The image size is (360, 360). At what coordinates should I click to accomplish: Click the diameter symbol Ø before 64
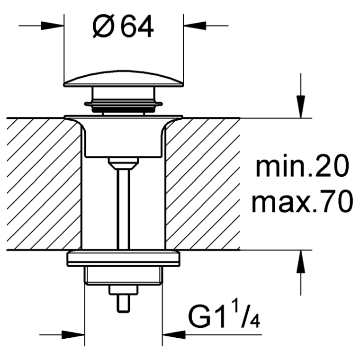(104, 27)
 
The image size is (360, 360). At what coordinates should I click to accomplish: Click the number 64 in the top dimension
(137, 27)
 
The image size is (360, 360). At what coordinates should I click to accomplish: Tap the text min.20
(302, 166)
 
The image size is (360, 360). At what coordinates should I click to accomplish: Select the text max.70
(302, 201)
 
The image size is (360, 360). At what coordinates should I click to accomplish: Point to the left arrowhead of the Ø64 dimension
(53, 26)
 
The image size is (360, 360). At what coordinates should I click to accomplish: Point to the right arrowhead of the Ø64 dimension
(195, 26)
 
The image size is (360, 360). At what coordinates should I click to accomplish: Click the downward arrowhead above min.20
(301, 107)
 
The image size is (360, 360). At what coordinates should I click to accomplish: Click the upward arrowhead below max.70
(301, 261)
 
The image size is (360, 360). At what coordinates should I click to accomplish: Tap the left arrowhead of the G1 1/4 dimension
(73, 335)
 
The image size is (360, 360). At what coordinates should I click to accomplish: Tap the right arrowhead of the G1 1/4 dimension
(174, 335)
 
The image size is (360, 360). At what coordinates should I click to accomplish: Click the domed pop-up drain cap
(124, 79)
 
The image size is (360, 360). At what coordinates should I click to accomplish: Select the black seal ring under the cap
(124, 110)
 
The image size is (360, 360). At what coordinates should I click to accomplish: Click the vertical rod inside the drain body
(124, 209)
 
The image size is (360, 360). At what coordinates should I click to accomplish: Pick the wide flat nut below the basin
(124, 259)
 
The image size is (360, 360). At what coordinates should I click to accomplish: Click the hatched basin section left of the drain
(44, 184)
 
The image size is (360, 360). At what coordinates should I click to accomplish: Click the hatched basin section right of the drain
(203, 184)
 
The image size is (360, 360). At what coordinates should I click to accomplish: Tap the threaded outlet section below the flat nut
(124, 276)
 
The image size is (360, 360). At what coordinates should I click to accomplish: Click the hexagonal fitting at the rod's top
(124, 163)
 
